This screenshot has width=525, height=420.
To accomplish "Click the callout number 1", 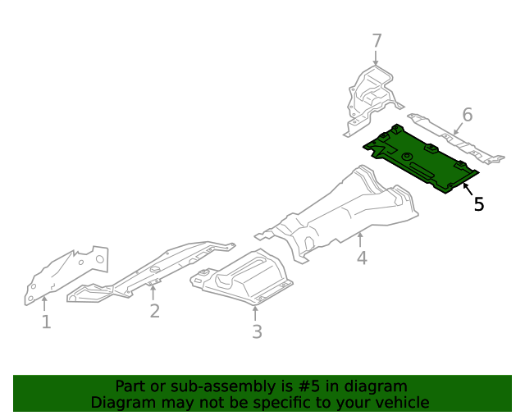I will pos(46,322).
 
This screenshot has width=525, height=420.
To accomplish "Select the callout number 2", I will pos(154,310).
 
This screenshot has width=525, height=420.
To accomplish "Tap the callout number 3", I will pos(257,331).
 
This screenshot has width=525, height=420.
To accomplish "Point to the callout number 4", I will pos(362,259).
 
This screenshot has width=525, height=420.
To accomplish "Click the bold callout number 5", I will pos(479,204).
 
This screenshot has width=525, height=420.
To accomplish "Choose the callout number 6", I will pos(467,115).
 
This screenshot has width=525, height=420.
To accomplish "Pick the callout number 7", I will pos(377,41).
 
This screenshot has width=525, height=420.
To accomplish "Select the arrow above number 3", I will pos(256,312).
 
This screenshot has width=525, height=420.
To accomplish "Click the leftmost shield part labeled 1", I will pos(66,275).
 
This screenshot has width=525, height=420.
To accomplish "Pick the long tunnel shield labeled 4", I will pos(345,209).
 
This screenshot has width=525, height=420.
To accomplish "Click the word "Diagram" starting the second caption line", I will pos(120,402).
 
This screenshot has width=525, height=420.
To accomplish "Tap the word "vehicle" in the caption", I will pos(399,402).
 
